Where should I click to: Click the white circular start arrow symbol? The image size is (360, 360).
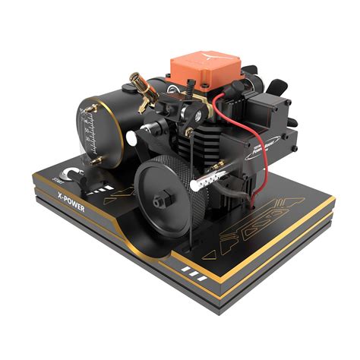click(x=69, y=175)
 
